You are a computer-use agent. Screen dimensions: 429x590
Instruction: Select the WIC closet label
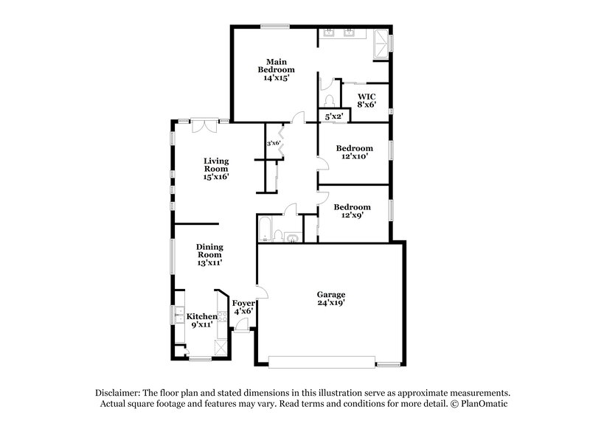(x=367, y=96)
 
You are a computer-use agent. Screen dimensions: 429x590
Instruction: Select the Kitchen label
(x=201, y=316)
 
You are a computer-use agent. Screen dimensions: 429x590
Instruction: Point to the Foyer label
(x=243, y=303)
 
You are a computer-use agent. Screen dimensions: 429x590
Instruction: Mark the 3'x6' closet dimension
(x=274, y=143)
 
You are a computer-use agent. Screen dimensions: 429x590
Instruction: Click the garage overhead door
(x=322, y=362)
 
